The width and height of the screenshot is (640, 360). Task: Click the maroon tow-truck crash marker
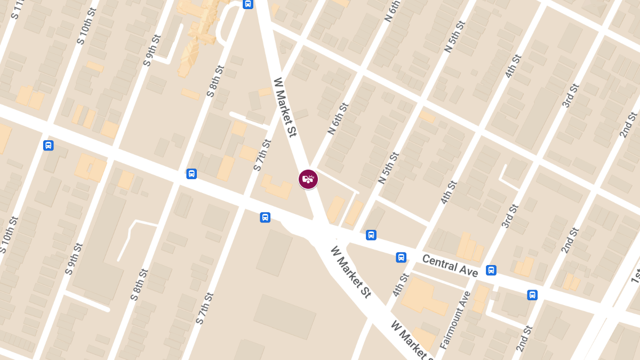click(x=308, y=179)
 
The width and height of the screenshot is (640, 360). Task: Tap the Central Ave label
click(x=450, y=266)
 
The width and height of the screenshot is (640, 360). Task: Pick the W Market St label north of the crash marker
click(x=285, y=107)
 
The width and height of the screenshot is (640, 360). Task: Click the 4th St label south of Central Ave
click(x=401, y=285)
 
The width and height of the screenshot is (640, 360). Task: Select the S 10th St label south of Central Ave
click(x=10, y=235)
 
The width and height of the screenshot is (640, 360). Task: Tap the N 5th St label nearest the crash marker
click(x=388, y=168)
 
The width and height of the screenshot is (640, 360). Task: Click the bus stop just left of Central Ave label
click(x=401, y=258)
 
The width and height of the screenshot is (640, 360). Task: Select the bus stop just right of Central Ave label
click(x=491, y=270)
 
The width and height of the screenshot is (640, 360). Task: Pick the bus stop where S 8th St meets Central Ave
click(x=191, y=174)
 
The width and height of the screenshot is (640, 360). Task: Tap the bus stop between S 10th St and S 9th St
click(x=49, y=146)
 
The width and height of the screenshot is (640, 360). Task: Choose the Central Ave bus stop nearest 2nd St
click(x=532, y=295)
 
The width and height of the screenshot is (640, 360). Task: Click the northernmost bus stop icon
click(x=247, y=4)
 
